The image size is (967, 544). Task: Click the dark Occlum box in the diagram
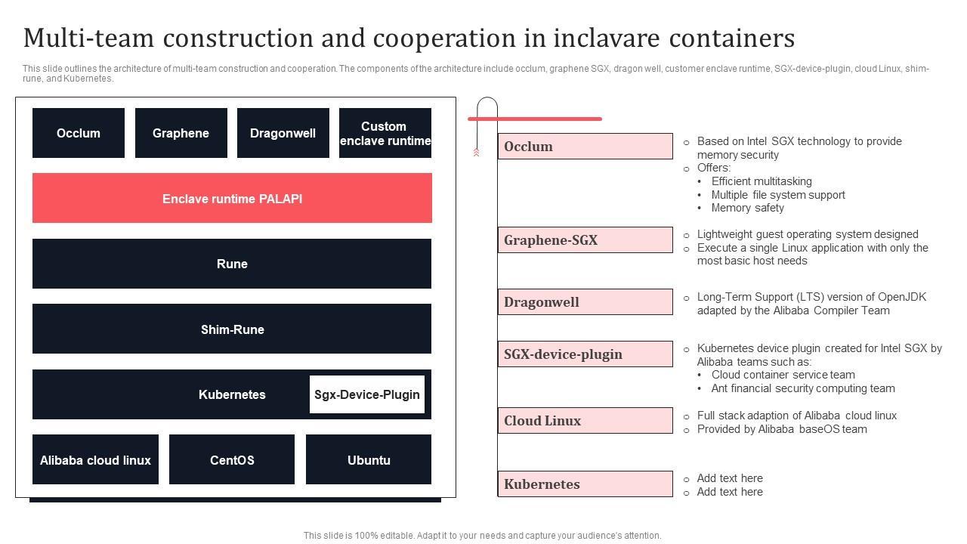point(79,133)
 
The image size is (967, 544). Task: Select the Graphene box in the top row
point(181,133)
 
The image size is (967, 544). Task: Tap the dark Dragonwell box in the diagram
point(283,133)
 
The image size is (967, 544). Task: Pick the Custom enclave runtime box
point(385,133)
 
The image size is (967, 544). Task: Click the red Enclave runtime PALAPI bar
point(232,198)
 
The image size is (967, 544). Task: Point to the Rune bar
point(232,264)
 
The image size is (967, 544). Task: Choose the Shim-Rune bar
point(232,329)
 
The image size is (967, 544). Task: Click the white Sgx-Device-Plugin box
point(367,394)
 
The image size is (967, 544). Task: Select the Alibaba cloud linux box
point(95,459)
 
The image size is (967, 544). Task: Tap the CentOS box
point(232,459)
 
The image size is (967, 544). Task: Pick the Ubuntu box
point(369,459)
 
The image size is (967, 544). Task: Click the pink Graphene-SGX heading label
point(585,240)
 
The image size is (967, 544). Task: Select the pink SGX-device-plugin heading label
point(585,354)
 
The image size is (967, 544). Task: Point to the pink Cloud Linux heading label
point(585,421)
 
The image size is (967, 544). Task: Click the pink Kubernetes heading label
point(585,484)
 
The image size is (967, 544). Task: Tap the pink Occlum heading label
point(585,147)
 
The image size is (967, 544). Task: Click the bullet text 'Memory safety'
point(747,208)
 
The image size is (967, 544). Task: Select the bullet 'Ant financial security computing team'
point(803,388)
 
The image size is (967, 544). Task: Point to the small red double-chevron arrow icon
point(476,153)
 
